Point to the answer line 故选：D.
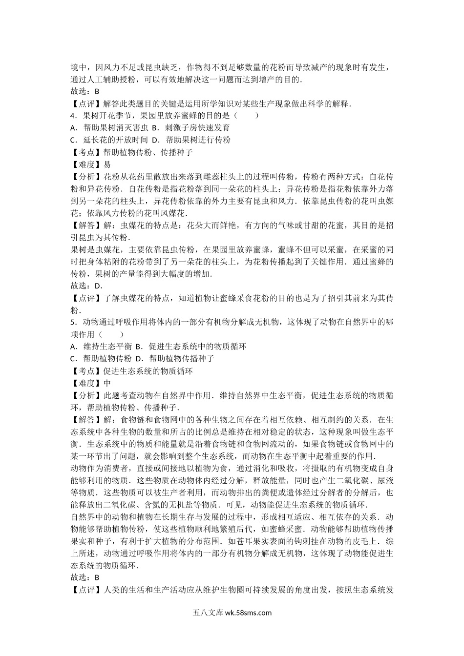point(86,286)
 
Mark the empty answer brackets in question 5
point(108,334)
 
